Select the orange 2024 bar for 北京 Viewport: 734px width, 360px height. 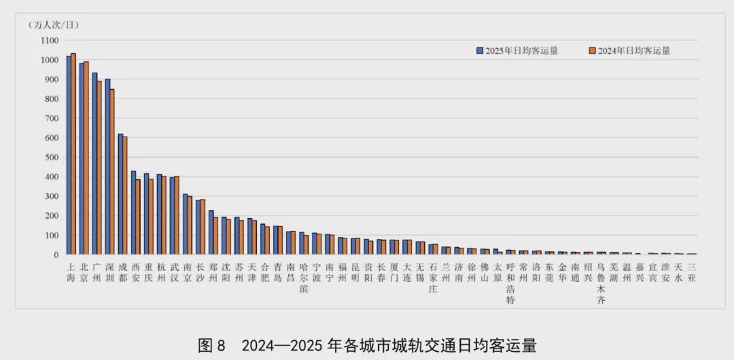pos(86,158)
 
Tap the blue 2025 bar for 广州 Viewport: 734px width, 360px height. pos(94,163)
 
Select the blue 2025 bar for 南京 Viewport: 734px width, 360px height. pos(185,224)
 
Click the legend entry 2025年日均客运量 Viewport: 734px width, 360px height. pos(517,50)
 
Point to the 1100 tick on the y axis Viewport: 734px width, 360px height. pos(50,40)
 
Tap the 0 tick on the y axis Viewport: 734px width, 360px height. pos(58,255)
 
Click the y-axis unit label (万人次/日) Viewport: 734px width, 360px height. pos(54,25)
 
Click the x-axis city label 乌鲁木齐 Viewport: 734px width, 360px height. pos(601,283)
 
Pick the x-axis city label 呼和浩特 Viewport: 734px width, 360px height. pos(510,283)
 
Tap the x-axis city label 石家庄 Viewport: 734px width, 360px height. pos(433,278)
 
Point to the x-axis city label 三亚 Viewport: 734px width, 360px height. pos(692,272)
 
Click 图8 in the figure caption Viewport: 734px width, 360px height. pos(211,345)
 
